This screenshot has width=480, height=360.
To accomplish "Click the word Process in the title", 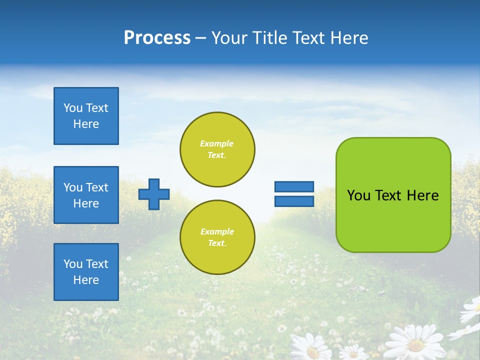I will point(157,38).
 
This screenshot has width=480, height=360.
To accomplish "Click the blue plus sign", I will point(154,194).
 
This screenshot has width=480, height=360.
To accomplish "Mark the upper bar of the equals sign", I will point(294,186).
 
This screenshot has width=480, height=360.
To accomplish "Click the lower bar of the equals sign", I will point(294,201).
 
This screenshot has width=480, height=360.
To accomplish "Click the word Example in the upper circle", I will point(217,143).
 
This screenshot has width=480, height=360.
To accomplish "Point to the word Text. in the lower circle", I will point(217,243).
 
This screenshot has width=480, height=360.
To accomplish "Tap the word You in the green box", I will point(359,195).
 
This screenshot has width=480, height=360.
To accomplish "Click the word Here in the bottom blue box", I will point(86,280).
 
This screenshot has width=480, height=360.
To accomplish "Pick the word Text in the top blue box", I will point(97,108).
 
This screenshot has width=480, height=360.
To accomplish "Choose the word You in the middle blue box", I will point(73,187).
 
